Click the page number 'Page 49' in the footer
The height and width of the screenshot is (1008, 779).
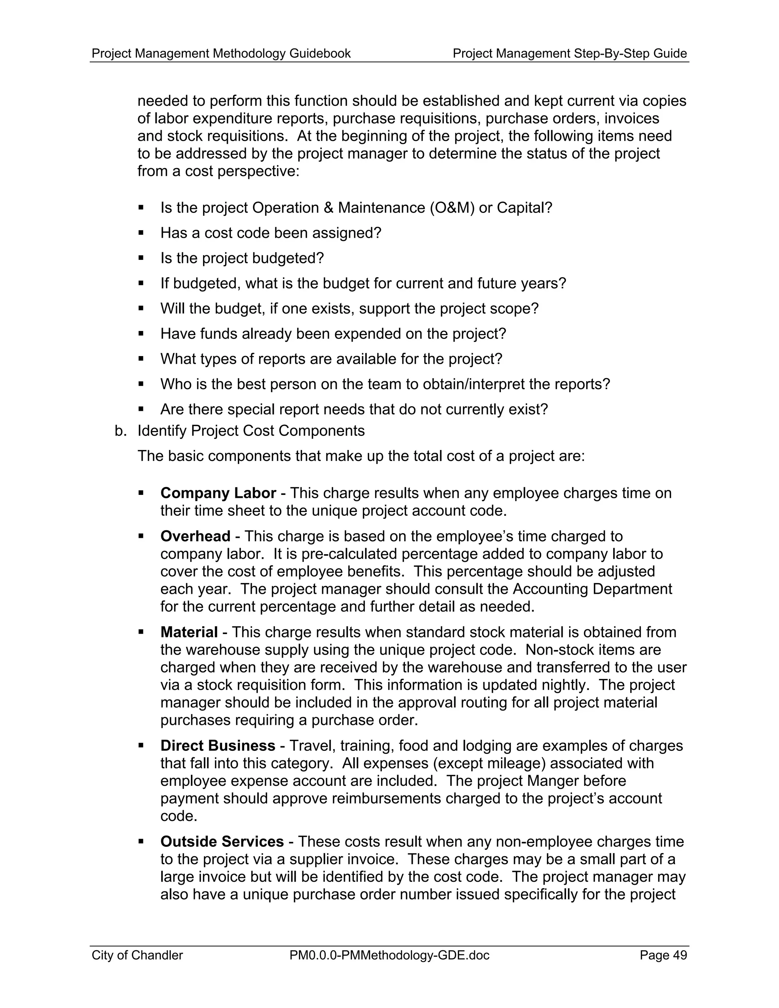click(x=663, y=955)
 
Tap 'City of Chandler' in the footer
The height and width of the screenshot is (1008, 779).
click(x=137, y=955)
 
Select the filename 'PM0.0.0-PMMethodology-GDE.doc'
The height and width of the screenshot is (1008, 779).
click(x=389, y=955)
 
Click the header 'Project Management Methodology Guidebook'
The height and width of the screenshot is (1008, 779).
click(x=221, y=54)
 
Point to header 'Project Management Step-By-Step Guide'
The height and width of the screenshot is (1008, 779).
click(x=569, y=54)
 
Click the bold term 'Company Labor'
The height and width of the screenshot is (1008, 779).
click(x=218, y=493)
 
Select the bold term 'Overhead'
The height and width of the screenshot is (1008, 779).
click(x=195, y=536)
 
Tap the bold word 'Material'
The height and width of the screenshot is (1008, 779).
click(x=189, y=632)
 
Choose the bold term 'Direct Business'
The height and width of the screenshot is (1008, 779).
click(x=217, y=746)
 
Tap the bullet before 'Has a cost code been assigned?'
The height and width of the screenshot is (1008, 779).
click(x=141, y=233)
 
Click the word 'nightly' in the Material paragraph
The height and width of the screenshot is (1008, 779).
click(x=566, y=685)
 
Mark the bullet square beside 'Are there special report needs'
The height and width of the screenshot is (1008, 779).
click(x=141, y=409)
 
